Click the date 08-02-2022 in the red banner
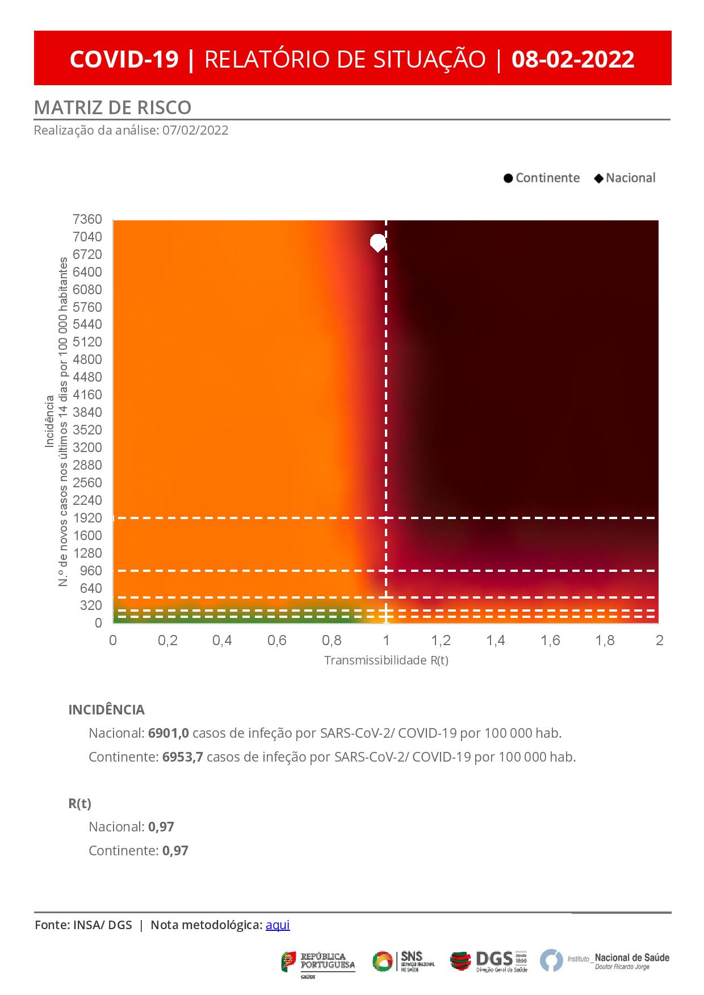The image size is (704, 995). [572, 59]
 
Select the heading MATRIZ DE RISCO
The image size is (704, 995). [112, 107]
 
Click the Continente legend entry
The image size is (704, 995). [542, 178]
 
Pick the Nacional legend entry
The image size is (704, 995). [625, 178]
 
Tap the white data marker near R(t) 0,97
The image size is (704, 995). [378, 243]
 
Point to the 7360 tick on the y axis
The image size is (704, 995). [87, 219]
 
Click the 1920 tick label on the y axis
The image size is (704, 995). [87, 518]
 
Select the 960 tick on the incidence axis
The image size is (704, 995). [91, 570]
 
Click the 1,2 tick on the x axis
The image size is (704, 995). [441, 641]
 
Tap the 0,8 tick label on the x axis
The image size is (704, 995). [332, 641]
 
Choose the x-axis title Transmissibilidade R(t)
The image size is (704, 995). [386, 660]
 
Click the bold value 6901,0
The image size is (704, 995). [168, 733]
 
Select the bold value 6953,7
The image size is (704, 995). [182, 757]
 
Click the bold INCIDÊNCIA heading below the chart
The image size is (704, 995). [106, 710]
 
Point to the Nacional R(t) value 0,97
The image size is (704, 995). [161, 827]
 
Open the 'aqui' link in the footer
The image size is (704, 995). [278, 925]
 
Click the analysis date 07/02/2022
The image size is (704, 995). [195, 131]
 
